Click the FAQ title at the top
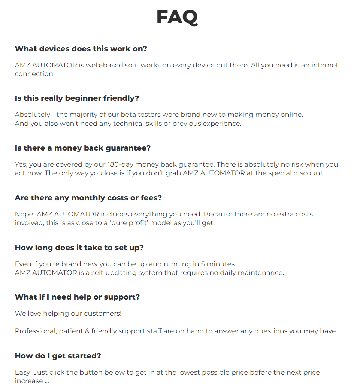coord(177,17)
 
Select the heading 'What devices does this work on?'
coord(81,49)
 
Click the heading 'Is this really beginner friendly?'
coord(77,98)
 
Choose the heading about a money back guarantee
coord(82,148)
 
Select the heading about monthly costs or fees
coord(88,198)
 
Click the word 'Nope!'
coord(24,214)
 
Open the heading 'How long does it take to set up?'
coord(79,248)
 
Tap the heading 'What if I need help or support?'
coord(77,297)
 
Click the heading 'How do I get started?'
coord(58,356)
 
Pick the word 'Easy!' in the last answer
coord(23,372)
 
